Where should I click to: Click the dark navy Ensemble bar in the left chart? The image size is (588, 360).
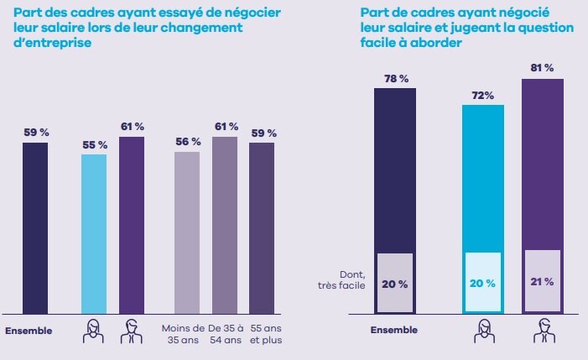click(35, 227)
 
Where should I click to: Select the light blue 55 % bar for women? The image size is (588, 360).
click(94, 233)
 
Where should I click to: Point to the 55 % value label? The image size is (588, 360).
click(94, 145)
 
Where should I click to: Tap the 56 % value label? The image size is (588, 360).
click(187, 142)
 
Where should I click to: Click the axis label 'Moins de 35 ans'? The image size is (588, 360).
click(186, 334)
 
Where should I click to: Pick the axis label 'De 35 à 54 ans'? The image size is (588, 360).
click(225, 334)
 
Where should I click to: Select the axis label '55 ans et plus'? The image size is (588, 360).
click(263, 334)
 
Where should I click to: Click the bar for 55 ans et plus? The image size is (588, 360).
click(263, 228)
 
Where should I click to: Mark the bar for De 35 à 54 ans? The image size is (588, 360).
click(225, 225)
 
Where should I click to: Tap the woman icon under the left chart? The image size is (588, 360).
click(93, 332)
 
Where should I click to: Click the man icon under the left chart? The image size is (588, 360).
click(131, 332)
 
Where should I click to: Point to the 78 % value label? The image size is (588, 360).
click(395, 78)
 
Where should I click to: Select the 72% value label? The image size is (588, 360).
click(482, 96)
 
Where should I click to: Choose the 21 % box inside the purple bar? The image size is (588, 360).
click(542, 282)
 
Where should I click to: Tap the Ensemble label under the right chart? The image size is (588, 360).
click(394, 330)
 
